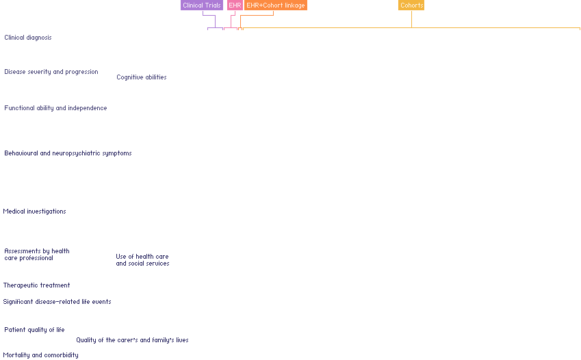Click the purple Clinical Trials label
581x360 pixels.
[x=202, y=5]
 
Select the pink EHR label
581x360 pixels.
[x=235, y=5]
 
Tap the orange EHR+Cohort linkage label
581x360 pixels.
[x=276, y=5]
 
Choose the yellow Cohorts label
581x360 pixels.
[x=411, y=5]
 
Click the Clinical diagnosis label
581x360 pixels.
[x=28, y=38]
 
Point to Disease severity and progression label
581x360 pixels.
[x=51, y=72]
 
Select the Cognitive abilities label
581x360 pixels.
[x=142, y=77]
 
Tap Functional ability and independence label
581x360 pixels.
[x=55, y=108]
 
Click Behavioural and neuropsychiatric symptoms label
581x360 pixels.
[x=68, y=153]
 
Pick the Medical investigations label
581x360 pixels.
[x=35, y=211]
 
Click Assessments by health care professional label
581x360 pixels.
[x=37, y=255]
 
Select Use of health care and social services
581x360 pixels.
[x=142, y=260]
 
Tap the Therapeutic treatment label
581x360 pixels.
[x=36, y=285]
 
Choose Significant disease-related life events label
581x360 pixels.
[x=57, y=302]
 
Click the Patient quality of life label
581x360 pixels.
[x=35, y=330]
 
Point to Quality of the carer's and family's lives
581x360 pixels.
[x=132, y=340]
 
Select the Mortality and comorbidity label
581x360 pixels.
[x=40, y=355]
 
